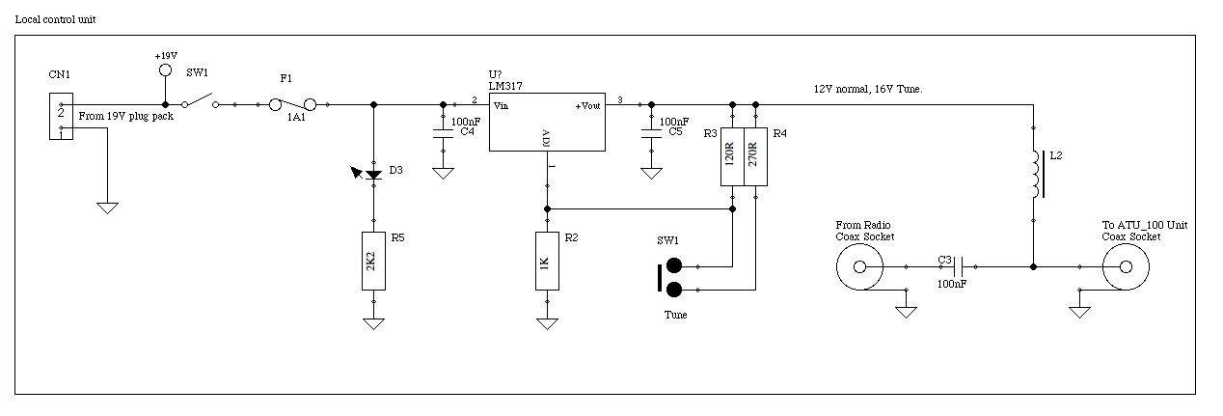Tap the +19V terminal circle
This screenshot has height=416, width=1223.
165,69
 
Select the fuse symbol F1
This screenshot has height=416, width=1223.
293,104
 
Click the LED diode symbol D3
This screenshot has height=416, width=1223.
373,175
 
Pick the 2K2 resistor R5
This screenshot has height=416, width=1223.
373,261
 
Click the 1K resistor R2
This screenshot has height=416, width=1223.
547,261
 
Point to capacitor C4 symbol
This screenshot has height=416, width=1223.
443,133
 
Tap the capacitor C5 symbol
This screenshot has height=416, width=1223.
651,133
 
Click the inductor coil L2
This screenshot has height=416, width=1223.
1035,174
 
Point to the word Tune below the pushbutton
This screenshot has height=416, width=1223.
675,315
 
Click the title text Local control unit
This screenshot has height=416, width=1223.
55,19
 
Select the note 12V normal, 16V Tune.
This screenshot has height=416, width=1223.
868,89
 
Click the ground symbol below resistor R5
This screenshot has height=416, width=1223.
373,323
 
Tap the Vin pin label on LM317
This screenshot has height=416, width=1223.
501,106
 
